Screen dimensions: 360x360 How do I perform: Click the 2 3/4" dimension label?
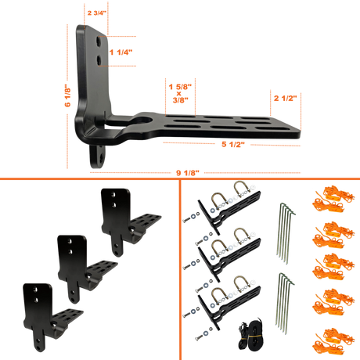[97, 13]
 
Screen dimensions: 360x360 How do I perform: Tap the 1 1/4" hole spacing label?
[121, 52]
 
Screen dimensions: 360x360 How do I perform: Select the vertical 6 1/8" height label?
[67, 95]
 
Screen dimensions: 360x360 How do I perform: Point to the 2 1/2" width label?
[286, 98]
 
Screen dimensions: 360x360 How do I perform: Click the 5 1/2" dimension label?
[233, 144]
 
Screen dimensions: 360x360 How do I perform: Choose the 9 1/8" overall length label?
[188, 173]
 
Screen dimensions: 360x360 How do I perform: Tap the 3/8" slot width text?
[181, 99]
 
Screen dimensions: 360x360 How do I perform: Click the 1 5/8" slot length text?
[180, 87]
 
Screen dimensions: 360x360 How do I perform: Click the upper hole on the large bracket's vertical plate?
[99, 41]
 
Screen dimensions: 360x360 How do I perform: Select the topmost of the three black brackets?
[131, 222]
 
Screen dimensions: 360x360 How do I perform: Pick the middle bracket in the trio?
[88, 269]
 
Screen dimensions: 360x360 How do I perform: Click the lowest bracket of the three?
[53, 318]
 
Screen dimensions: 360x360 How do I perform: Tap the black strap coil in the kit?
[250, 334]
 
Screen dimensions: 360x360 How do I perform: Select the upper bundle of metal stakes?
[286, 233]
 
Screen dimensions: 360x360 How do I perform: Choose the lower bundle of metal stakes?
[285, 304]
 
